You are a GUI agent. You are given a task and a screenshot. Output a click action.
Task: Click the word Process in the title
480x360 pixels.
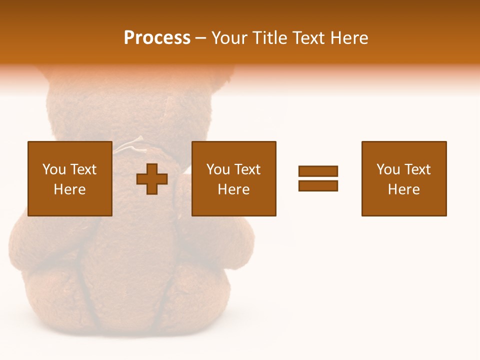point(157,38)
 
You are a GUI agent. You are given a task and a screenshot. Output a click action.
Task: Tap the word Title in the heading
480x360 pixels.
point(269,38)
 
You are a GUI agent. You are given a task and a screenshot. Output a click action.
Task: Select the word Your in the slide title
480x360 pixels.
point(230,38)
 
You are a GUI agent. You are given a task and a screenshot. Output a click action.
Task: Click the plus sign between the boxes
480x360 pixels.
point(152,179)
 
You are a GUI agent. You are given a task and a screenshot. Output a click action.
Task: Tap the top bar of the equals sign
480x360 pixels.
point(318,171)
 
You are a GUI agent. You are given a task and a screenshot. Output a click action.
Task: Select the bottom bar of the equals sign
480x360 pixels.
point(318,185)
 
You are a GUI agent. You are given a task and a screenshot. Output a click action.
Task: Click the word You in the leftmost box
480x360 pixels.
point(53,169)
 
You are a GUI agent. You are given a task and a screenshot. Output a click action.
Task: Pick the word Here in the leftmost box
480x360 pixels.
point(69,189)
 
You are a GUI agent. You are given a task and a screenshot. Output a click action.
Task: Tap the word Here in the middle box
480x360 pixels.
point(233,189)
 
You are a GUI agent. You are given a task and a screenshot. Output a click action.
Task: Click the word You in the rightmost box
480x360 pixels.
point(387,169)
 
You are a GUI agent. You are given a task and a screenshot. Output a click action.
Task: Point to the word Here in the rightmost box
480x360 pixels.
point(403,189)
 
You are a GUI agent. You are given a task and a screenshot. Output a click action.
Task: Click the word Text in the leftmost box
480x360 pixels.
point(83,169)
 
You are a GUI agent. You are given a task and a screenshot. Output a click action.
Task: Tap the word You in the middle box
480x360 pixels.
point(217,169)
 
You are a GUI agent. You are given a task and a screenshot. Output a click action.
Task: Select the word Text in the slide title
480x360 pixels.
point(305,38)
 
